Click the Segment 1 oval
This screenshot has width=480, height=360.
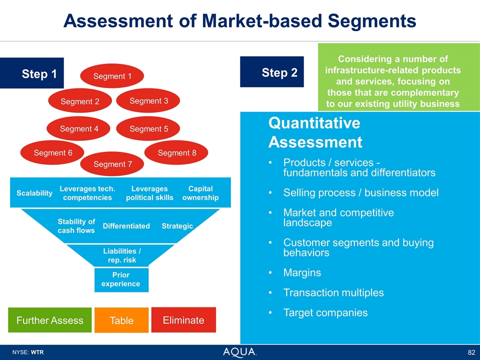tap(112, 76)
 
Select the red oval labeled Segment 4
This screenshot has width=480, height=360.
tap(79, 129)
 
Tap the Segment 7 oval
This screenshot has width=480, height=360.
tap(112, 164)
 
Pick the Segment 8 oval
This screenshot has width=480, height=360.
tap(176, 153)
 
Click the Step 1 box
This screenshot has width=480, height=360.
tap(32, 74)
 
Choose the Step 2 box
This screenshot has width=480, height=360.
tap(272, 72)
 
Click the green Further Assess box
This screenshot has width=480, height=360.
tap(50, 320)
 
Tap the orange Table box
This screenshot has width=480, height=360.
tap(121, 320)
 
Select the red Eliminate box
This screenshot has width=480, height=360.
tap(183, 320)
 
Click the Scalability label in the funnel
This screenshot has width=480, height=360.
tap(34, 193)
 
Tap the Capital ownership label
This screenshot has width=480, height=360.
tap(200, 193)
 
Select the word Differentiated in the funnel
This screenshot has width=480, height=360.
tap(126, 226)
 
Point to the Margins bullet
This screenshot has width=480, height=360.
tap(302, 273)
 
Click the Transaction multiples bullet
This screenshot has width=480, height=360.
tap(333, 293)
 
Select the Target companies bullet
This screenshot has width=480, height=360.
tap(325, 313)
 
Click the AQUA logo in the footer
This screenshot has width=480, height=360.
tap(240, 352)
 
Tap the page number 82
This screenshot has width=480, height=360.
tap(470, 352)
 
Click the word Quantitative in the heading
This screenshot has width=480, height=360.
tap(314, 123)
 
